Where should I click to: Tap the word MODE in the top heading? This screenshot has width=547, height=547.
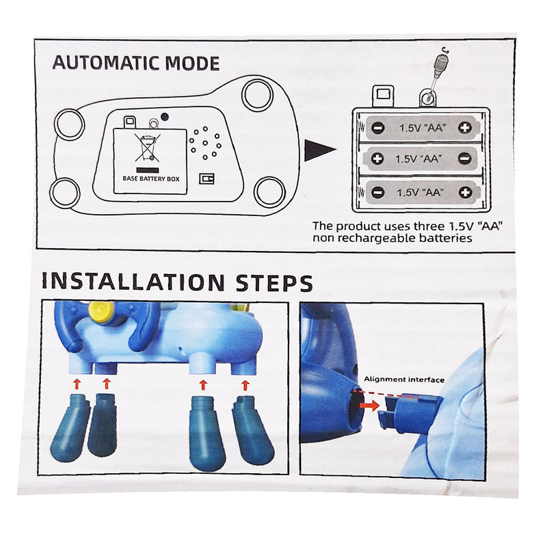click(192, 63)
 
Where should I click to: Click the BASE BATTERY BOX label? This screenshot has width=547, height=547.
click(151, 179)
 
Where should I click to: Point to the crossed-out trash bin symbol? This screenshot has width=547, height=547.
click(148, 148)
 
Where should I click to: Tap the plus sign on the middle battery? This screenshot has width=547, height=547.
click(377, 159)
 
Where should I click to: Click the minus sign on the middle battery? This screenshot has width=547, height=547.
click(465, 159)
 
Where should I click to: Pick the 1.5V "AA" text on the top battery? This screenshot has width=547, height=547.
click(423, 128)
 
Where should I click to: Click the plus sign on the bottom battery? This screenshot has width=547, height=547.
click(466, 192)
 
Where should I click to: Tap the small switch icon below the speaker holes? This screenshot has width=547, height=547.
click(206, 178)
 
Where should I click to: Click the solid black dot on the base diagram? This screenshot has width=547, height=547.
click(165, 117)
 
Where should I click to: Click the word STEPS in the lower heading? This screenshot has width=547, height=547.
click(274, 282)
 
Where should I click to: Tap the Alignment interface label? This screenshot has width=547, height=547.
click(404, 379)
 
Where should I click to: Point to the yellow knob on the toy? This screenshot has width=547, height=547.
click(101, 310)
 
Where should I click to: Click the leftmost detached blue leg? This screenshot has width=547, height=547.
click(70, 428)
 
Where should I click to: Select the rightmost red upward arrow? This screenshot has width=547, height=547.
click(245, 385)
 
